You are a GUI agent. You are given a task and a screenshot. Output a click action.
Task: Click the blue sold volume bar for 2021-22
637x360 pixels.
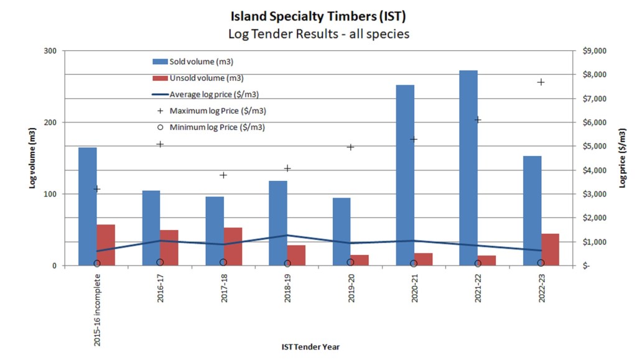(x=468, y=168)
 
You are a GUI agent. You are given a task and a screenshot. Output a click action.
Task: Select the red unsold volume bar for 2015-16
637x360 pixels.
(x=106, y=245)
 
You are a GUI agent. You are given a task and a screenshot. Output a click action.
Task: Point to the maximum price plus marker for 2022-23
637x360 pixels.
(x=541, y=82)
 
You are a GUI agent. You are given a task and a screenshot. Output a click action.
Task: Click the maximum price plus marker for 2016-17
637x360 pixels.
(x=160, y=144)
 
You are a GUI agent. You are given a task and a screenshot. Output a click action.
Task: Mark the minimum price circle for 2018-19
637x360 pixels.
(x=287, y=263)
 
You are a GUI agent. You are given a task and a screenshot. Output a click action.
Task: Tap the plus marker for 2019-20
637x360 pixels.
(x=350, y=147)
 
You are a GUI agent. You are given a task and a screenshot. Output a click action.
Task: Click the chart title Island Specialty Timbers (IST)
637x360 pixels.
(x=318, y=14)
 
